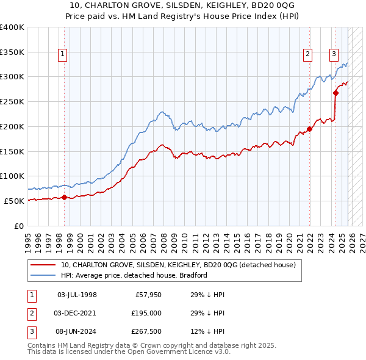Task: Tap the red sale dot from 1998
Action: click(64, 197)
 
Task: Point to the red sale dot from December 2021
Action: click(309, 129)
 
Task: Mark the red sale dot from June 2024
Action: click(335, 93)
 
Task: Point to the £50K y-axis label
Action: click(14, 201)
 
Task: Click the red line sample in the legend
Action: click(43, 265)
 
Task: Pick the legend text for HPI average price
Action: click(134, 275)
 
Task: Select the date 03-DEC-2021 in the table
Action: click(77, 312)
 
